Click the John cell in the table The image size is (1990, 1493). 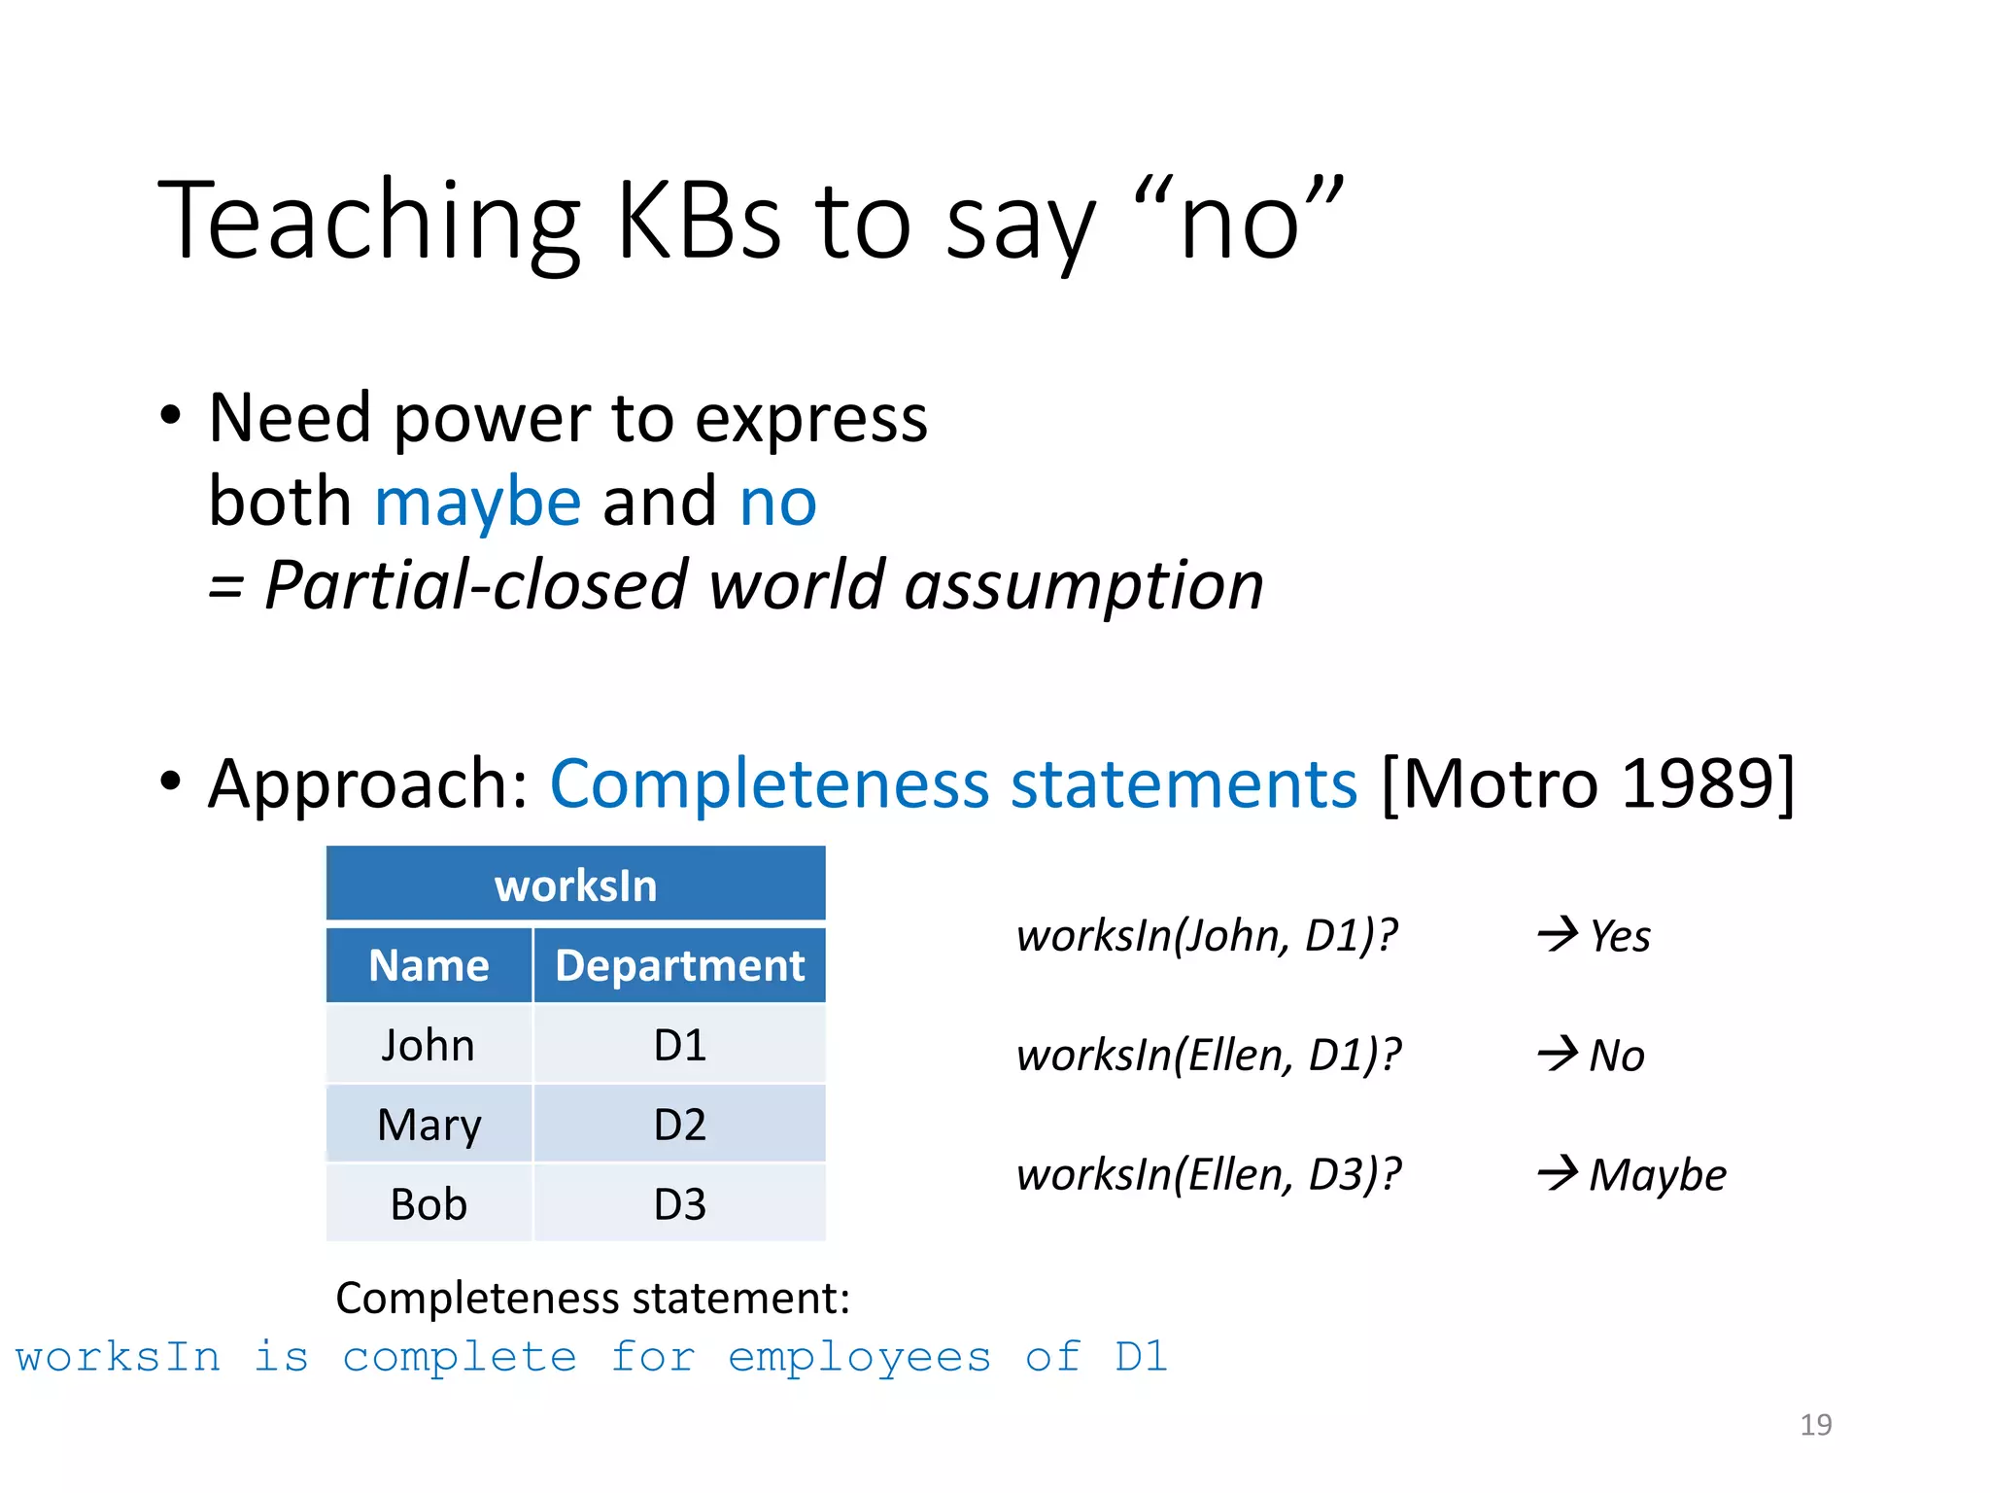pos(428,1045)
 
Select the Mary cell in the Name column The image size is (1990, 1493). pos(429,1125)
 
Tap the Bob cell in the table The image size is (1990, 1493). pos(429,1204)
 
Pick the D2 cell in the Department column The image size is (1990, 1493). pos(679,1125)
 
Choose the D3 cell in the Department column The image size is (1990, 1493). pos(679,1204)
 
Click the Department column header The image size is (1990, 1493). pos(679,965)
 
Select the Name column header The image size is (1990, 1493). pos(429,965)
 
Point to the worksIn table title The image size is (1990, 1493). pos(575,885)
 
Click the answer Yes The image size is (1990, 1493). pos(1620,936)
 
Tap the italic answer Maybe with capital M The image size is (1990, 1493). pos(1658,1175)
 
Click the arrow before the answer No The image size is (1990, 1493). pos(1558,1054)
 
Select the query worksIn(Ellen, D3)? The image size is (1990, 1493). pos(1208,1175)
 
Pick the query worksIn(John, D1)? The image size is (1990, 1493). pos(1206,936)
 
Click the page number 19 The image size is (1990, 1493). pos(1815,1425)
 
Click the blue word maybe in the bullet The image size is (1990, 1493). pos(477,503)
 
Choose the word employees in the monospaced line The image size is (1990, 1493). pos(859,1357)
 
